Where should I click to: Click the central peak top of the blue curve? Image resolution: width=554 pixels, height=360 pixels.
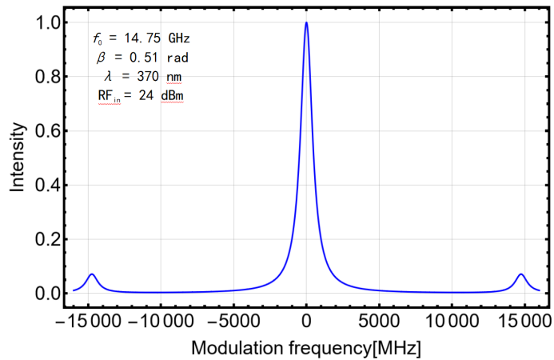click(306, 22)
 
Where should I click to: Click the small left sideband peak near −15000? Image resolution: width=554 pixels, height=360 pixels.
click(92, 274)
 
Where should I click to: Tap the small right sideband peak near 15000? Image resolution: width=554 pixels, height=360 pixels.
click(521, 274)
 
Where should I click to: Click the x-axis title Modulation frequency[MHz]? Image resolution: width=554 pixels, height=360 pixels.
click(305, 348)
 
